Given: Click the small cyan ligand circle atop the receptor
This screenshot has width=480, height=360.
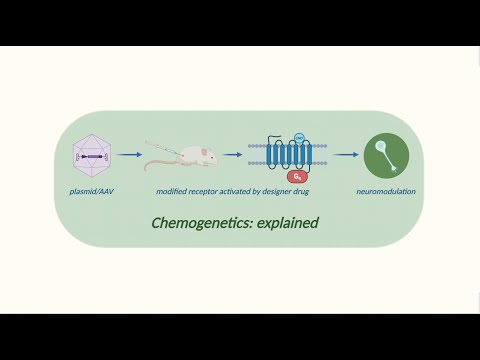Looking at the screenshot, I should (x=299, y=136).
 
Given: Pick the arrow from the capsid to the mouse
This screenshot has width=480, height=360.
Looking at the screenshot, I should (x=129, y=155).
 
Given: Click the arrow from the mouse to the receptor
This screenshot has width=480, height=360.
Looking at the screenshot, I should (x=233, y=155).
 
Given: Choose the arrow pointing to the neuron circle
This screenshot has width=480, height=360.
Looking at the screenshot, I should (x=345, y=155).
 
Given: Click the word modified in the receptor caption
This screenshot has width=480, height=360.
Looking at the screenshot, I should (x=172, y=190).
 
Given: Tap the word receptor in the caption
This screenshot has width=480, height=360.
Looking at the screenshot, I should (x=206, y=190).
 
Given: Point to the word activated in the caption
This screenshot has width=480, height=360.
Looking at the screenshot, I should (x=241, y=190).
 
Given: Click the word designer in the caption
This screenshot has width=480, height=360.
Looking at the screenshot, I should (x=284, y=190).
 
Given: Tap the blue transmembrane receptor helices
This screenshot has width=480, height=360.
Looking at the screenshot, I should (x=287, y=155).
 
